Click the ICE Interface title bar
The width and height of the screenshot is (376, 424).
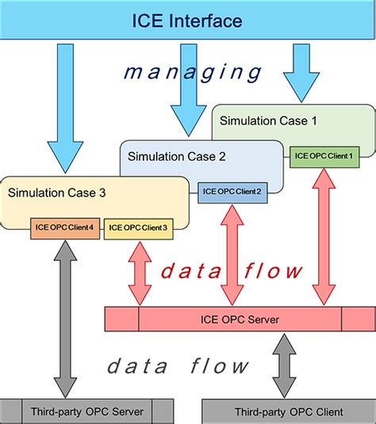coord(187,20)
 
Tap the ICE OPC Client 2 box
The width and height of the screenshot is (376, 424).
coord(232,191)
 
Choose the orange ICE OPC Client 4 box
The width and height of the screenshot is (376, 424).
coord(64,227)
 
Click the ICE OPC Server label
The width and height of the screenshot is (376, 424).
coord(240,319)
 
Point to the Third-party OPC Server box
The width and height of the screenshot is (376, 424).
coord(86,411)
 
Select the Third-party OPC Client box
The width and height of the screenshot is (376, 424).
coord(289,411)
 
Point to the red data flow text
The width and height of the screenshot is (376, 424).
coord(231,272)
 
